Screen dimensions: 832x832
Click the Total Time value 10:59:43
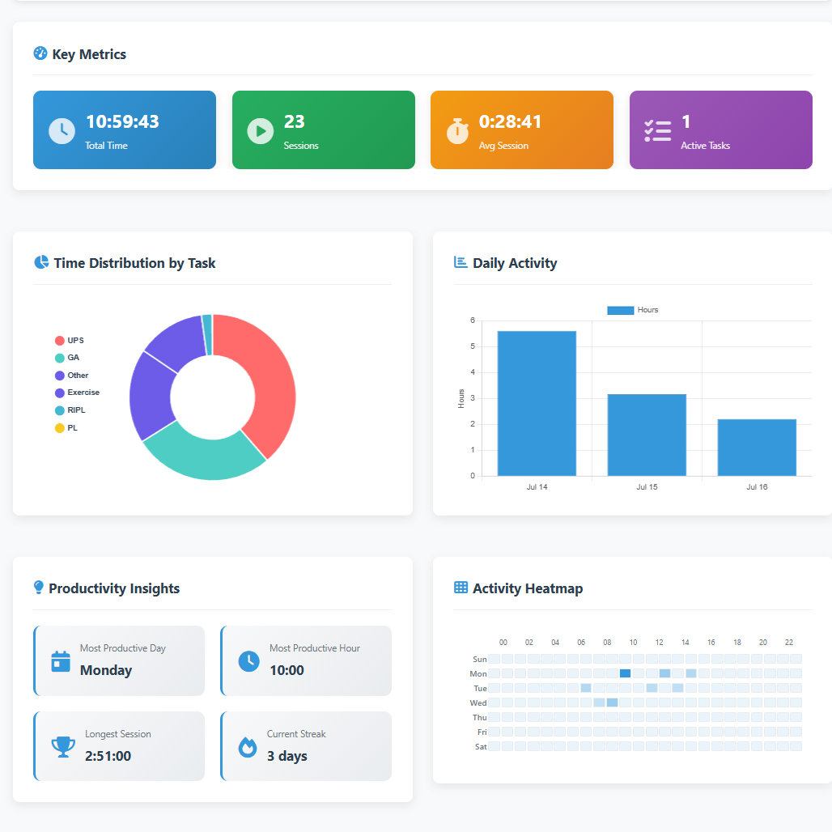122,122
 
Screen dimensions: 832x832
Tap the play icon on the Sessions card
260,130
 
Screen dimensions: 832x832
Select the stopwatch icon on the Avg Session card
457,130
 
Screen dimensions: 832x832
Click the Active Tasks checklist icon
657,130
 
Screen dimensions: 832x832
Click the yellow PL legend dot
59,428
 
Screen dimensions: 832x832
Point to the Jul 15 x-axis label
647,487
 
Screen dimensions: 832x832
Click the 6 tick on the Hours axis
473,321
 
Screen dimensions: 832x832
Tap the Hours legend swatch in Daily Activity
620,310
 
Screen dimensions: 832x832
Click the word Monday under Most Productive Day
106,670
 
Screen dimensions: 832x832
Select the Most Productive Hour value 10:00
287,670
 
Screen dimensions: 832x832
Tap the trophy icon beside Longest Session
62,746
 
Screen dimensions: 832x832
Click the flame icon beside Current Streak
248,746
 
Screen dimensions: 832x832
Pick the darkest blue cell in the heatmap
625,673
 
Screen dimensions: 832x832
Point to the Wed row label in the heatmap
478,703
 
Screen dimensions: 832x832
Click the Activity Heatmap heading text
528,588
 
